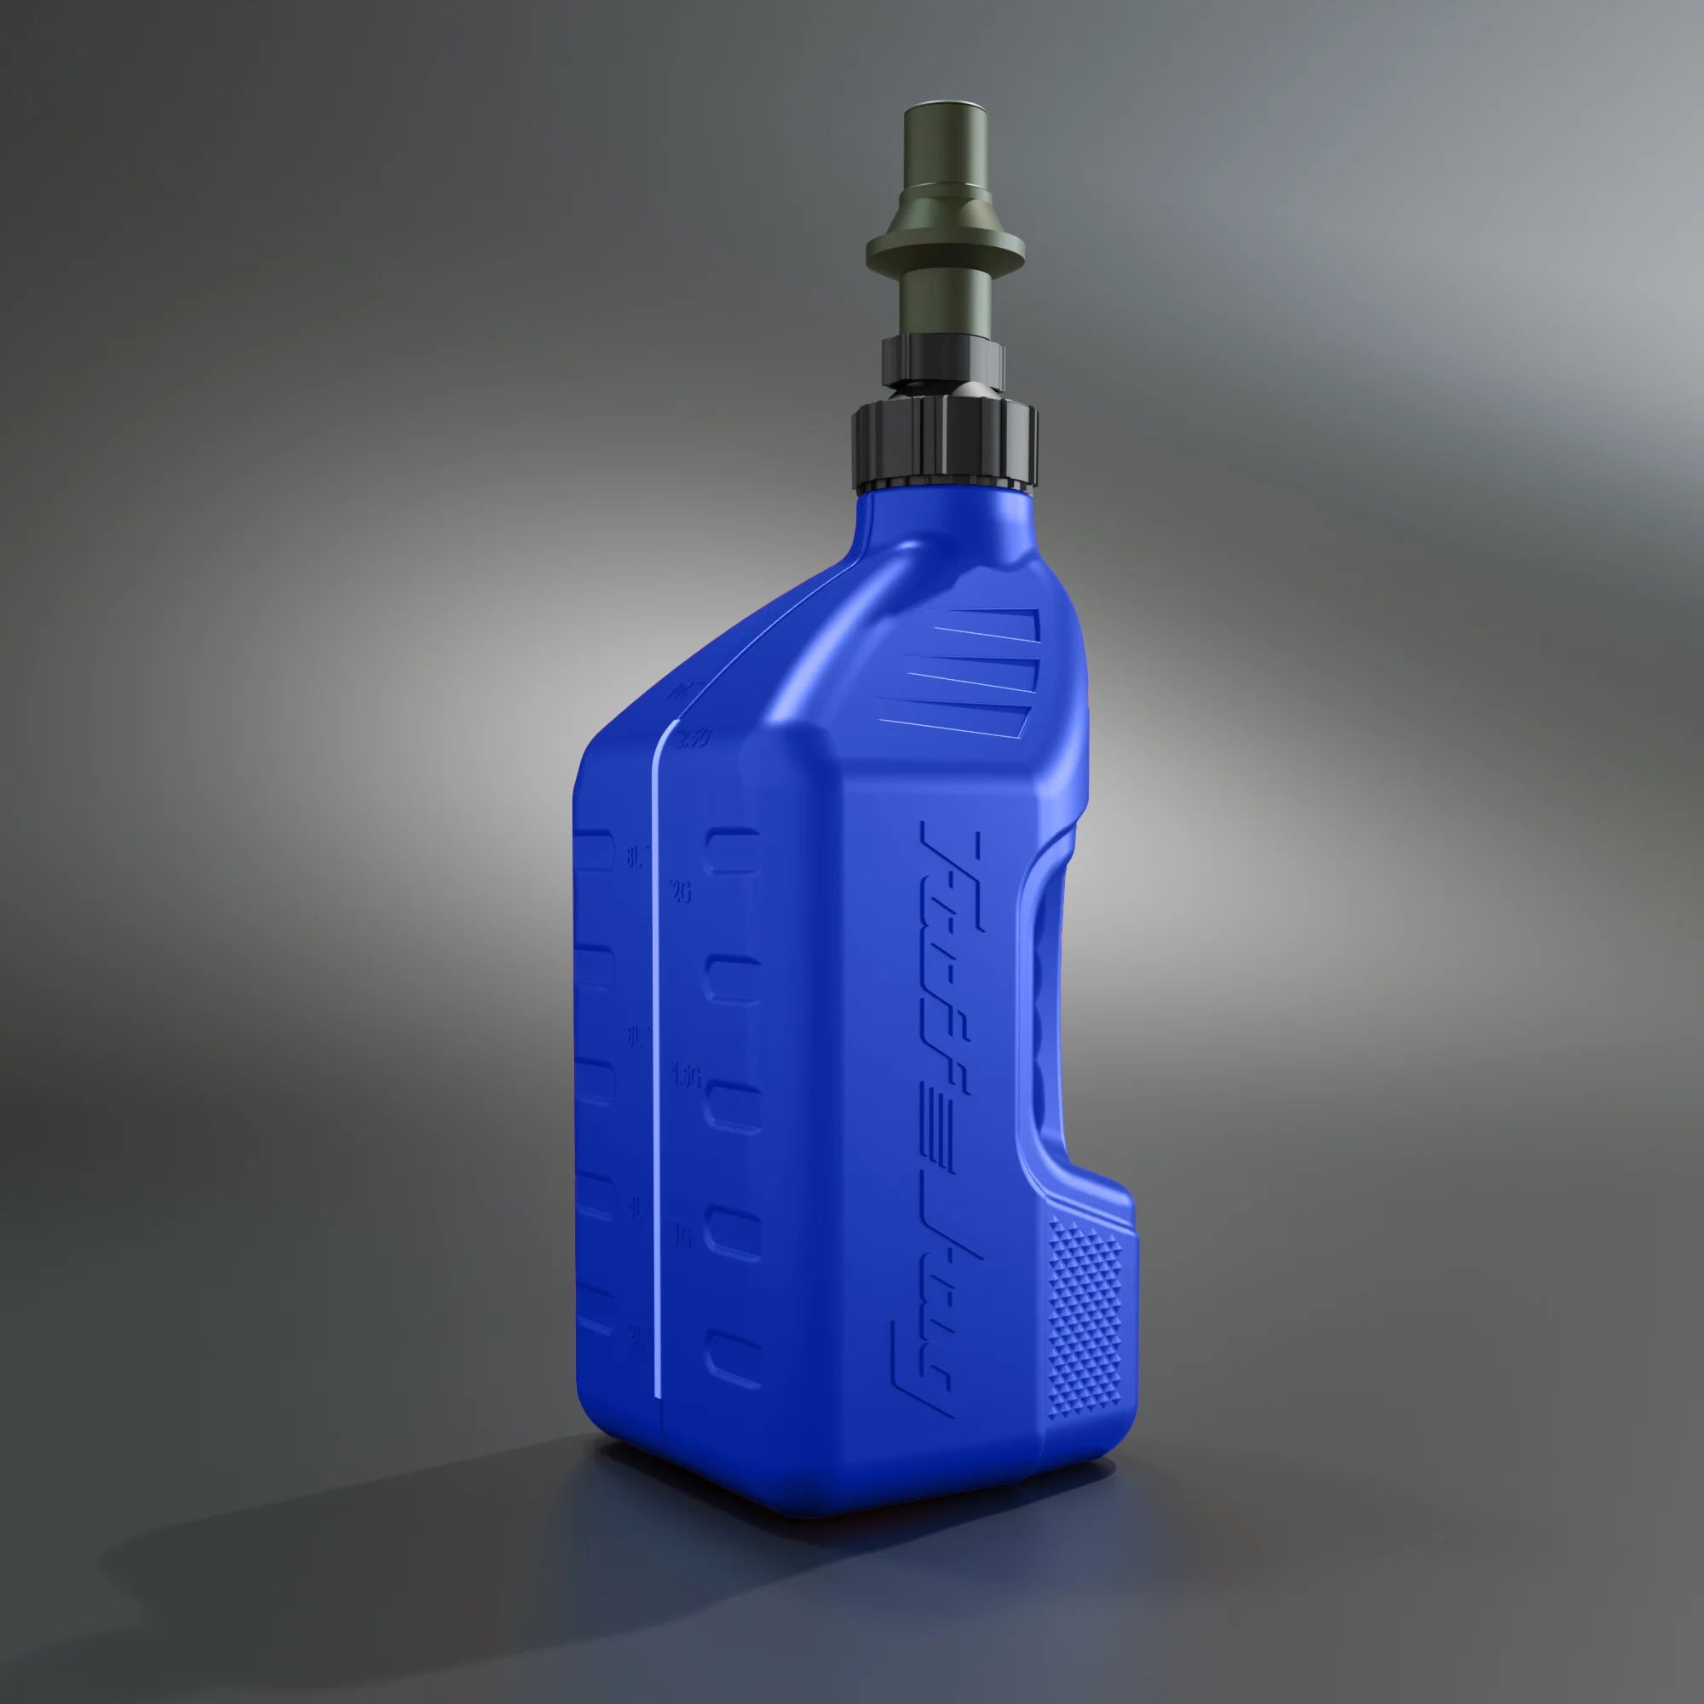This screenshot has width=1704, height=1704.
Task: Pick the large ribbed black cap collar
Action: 947,445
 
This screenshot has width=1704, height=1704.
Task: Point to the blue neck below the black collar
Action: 944,521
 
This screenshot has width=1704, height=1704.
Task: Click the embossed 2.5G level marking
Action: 693,739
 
